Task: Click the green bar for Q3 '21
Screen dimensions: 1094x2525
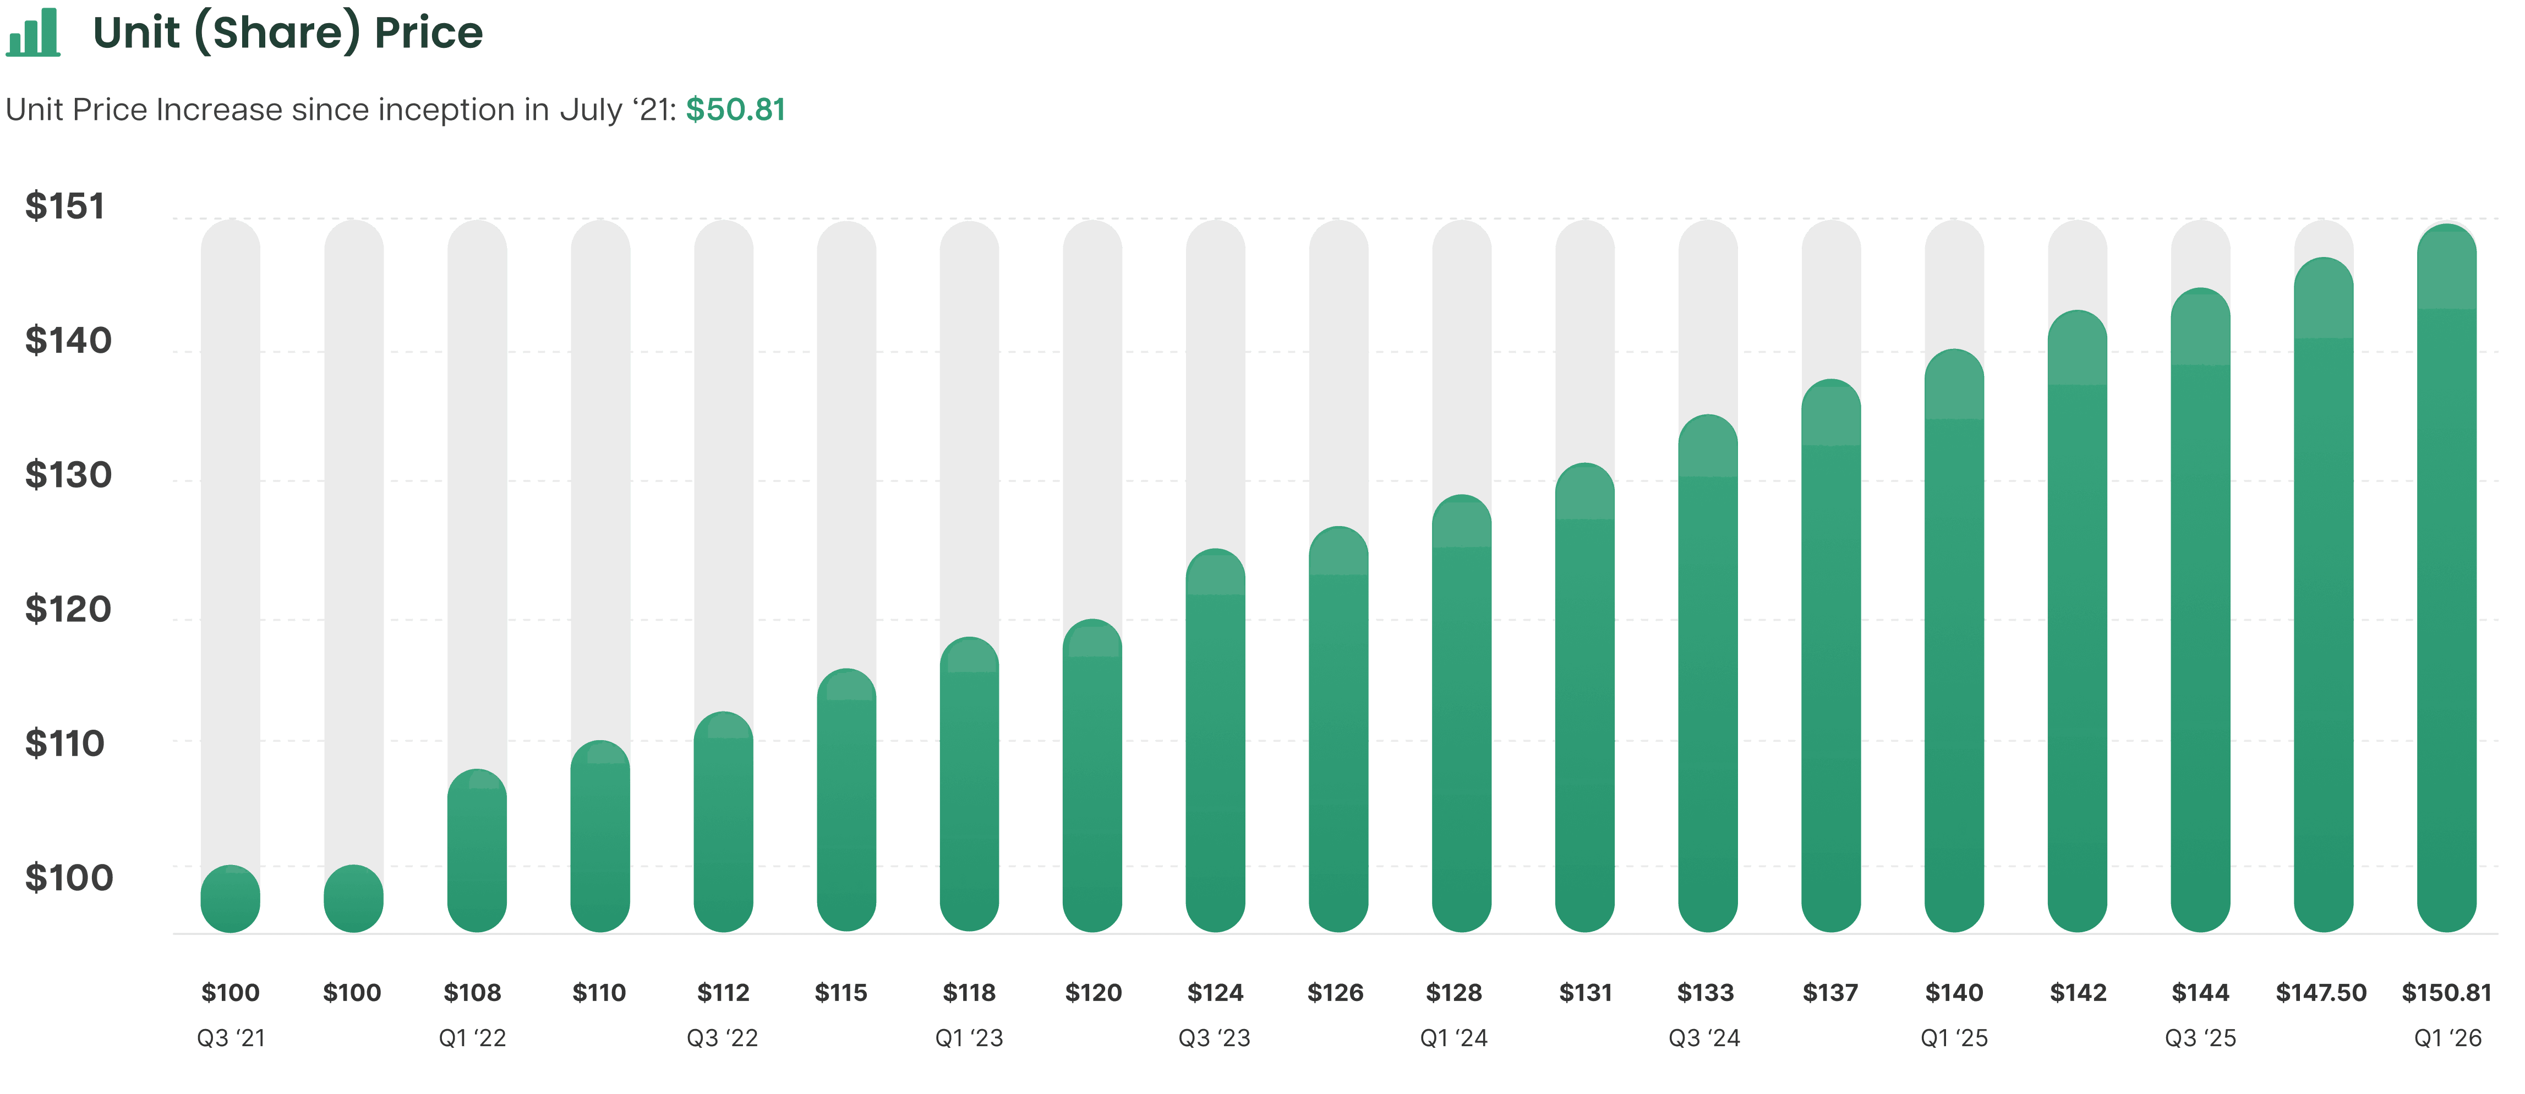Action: (231, 899)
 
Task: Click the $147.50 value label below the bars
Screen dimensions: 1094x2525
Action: (2321, 993)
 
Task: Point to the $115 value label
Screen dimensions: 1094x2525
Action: (841, 993)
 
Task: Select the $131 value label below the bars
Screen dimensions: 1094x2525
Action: (1585, 993)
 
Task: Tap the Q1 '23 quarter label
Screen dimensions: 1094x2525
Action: (969, 1038)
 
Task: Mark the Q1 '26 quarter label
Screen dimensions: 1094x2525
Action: (2447, 1038)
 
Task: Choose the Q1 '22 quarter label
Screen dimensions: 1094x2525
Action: (472, 1038)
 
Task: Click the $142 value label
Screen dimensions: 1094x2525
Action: (2078, 993)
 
